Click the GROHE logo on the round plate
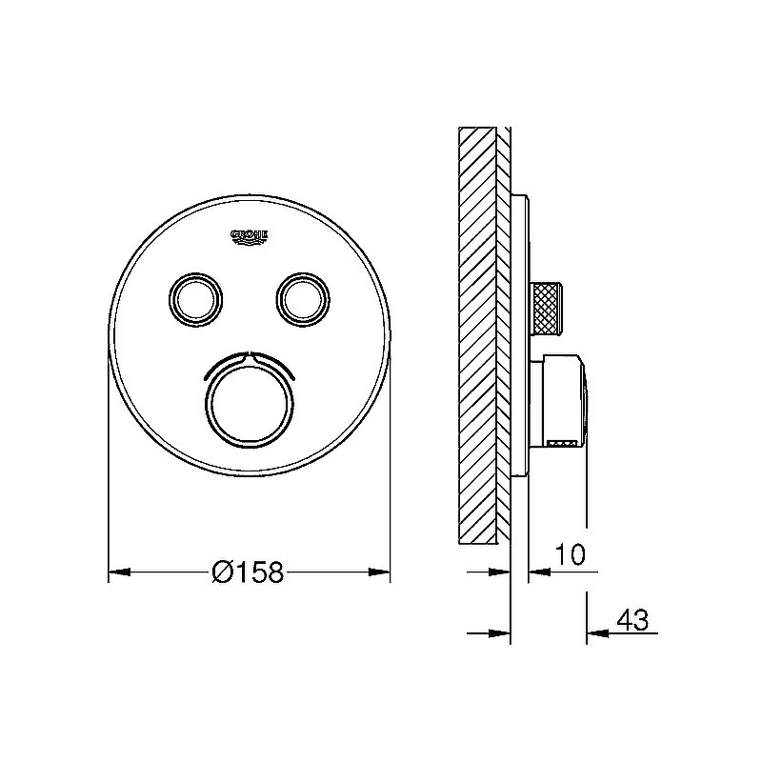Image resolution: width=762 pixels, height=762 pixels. [x=250, y=236]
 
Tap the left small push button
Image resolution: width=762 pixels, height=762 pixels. [x=195, y=298]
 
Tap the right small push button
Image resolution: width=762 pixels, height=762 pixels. [x=303, y=298]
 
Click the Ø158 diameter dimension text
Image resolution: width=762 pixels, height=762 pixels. [x=248, y=572]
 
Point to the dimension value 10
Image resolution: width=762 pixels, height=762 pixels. [x=571, y=554]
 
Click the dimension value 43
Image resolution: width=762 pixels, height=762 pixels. [x=632, y=620]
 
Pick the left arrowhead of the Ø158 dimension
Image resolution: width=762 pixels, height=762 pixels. [x=120, y=572]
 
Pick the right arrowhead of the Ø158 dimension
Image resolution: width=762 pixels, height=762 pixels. [x=378, y=572]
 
